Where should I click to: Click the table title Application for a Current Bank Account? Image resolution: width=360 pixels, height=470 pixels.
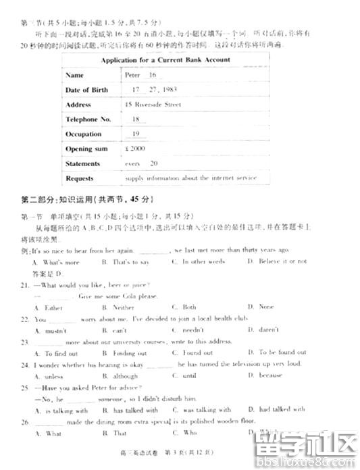165,60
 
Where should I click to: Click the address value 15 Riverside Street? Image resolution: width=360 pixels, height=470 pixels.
153,105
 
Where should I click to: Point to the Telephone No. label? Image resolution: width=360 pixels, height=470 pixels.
88,120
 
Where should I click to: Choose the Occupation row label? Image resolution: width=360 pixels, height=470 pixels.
83,134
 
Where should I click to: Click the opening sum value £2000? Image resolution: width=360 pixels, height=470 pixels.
136,149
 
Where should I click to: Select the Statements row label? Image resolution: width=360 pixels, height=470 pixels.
82,163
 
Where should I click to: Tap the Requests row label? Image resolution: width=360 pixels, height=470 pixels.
80,178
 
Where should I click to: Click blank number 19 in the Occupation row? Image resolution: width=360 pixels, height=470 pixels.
136,134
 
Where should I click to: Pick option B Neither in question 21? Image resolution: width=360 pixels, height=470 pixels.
119,307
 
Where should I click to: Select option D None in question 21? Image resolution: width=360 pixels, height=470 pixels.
261,307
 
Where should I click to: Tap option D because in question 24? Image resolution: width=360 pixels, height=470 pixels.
265,375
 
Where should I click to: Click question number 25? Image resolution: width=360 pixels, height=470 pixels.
25,388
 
